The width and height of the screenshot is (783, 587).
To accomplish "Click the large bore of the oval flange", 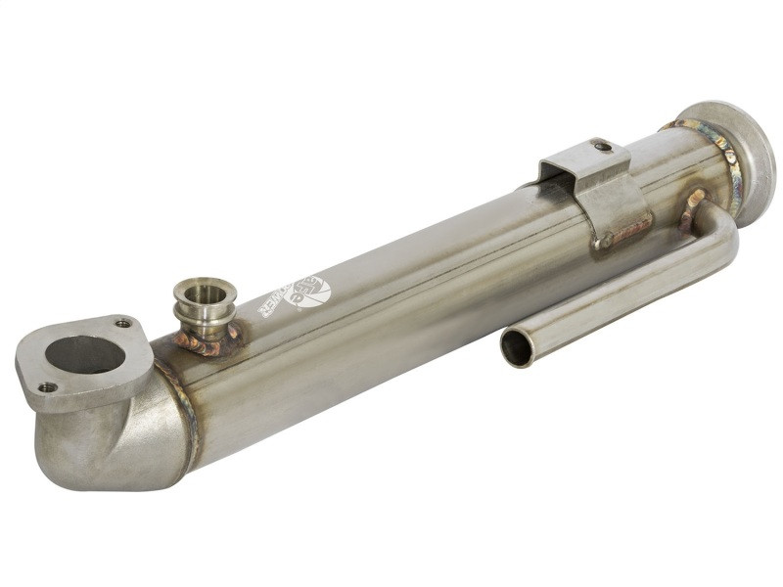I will [85, 354].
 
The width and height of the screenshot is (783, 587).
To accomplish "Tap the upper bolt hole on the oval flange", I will [123, 323].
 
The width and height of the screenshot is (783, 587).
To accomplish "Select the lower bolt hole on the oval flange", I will [46, 387].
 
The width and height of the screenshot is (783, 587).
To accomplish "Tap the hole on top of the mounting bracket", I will [603, 147].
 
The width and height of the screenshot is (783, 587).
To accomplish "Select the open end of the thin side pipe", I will [517, 347].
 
